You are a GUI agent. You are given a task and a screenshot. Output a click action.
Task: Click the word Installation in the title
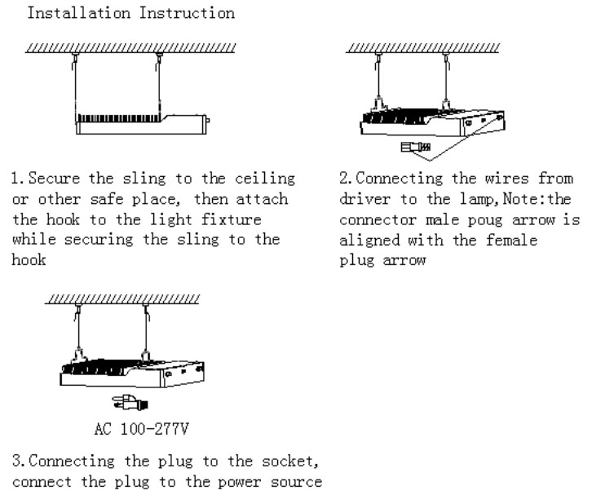point(68,14)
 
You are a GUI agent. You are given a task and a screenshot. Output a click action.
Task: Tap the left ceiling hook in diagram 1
point(75,56)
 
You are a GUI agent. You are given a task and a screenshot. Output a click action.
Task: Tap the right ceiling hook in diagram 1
point(159,56)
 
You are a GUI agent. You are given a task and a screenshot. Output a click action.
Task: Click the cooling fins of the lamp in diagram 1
point(114,119)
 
